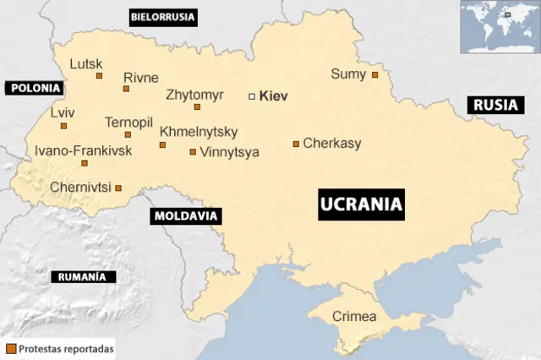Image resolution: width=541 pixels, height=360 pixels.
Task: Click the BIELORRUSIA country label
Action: pyautogui.click(x=162, y=16)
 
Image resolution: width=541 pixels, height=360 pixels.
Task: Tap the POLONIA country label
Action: pyautogui.click(x=34, y=87)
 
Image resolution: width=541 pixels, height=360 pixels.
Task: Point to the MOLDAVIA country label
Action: pyautogui.click(x=186, y=216)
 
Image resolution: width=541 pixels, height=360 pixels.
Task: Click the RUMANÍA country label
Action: pyautogui.click(x=83, y=277)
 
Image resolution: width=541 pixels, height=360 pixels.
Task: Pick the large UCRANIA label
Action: pyautogui.click(x=360, y=205)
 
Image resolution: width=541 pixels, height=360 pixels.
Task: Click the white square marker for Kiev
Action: pyautogui.click(x=251, y=96)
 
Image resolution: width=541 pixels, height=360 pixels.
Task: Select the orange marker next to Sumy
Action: pyautogui.click(x=374, y=74)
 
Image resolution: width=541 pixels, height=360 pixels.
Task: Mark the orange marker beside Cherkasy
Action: pyautogui.click(x=296, y=144)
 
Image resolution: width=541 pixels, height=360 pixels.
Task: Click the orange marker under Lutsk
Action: pyautogui.click(x=99, y=76)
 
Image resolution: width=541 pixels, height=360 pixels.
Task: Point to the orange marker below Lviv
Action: pyautogui.click(x=63, y=126)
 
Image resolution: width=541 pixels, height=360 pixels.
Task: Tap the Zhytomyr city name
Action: pyautogui.click(x=194, y=95)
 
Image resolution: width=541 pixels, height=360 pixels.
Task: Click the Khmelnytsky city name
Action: pyautogui.click(x=199, y=132)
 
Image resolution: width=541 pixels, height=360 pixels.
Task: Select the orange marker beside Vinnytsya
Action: pyautogui.click(x=193, y=152)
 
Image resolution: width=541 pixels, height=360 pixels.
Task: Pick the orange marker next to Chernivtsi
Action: pyautogui.click(x=118, y=188)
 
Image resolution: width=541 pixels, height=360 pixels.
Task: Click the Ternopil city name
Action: pyautogui.click(x=128, y=123)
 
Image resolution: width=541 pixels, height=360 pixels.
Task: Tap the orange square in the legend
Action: pyautogui.click(x=11, y=348)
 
